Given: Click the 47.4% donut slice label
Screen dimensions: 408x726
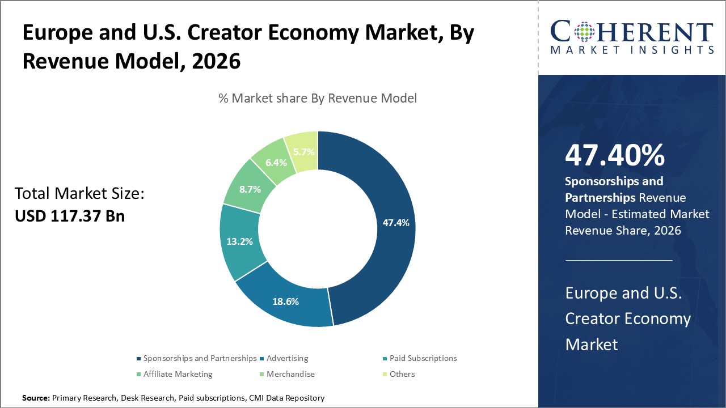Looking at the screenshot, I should click(395, 223).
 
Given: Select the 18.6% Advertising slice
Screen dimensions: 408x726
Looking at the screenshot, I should click(285, 301).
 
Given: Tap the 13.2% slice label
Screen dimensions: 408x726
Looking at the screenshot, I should click(239, 241).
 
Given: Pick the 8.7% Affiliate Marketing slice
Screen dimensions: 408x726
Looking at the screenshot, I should click(250, 189).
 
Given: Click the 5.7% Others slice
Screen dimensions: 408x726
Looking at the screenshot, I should click(303, 152).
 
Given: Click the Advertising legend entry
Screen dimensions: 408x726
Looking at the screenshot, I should click(287, 358).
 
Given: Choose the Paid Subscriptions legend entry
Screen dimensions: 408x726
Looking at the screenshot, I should click(423, 358).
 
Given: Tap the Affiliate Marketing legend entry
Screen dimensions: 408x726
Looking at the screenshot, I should click(178, 374).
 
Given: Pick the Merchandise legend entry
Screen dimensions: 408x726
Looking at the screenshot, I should click(290, 374).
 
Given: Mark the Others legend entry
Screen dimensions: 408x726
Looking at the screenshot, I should click(402, 374).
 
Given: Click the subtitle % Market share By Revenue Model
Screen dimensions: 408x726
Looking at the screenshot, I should click(318, 99).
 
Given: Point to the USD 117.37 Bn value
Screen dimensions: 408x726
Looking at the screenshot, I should click(70, 216).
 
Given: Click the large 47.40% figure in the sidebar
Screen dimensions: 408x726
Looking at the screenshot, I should click(615, 156).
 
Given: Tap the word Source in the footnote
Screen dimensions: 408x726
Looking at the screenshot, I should click(35, 398).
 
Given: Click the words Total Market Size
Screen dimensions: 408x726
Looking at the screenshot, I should click(79, 194).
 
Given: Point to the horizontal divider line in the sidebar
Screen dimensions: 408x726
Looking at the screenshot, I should click(619, 260).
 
